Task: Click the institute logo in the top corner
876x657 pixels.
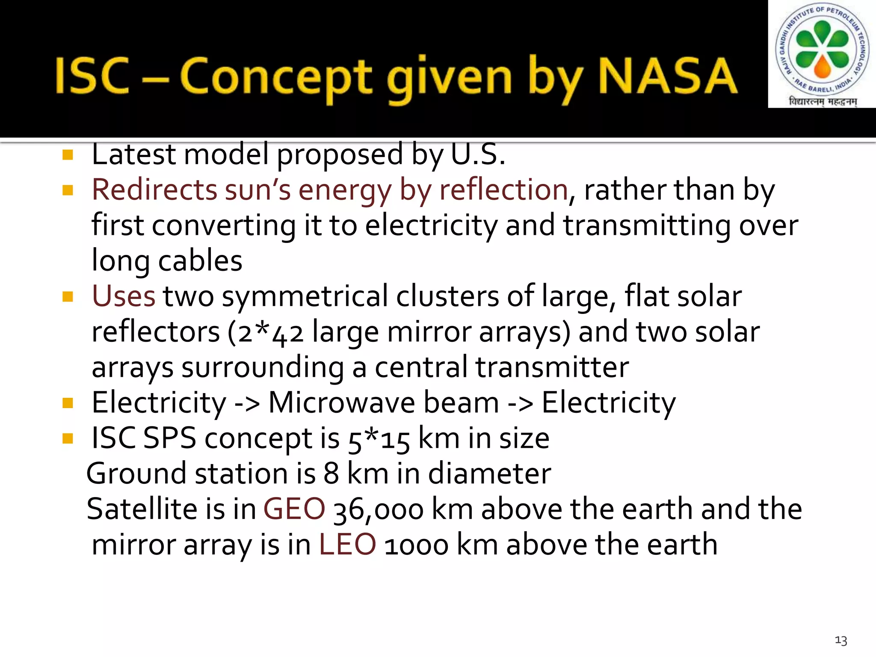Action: coord(822,54)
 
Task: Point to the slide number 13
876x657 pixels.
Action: coord(841,640)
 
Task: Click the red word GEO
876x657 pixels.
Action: coord(294,509)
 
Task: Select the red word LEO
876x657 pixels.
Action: coord(347,545)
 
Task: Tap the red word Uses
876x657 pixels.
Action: coord(123,296)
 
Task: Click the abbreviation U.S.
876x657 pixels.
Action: coord(478,154)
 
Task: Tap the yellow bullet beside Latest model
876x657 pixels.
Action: coord(68,154)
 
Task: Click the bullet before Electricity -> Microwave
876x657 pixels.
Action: coord(68,402)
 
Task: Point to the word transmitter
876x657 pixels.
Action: coord(552,367)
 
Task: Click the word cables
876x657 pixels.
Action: coord(200,260)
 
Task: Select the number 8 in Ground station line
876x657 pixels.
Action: coord(331,474)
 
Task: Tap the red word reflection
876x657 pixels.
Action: coord(503,189)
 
